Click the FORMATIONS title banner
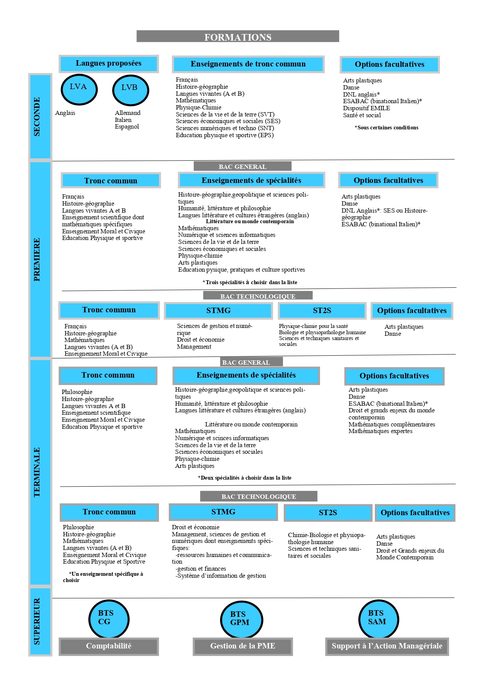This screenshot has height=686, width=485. click(x=238, y=37)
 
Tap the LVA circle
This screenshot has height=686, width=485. click(x=79, y=89)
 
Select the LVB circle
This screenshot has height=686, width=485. click(x=130, y=90)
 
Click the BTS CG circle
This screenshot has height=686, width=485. click(x=108, y=619)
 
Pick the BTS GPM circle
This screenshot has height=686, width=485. click(x=241, y=620)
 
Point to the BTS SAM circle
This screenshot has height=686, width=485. click(x=378, y=619)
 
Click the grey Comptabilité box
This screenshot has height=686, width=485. click(x=109, y=646)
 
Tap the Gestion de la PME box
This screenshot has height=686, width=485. click(x=243, y=646)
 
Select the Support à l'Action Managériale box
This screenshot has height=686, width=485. click(x=387, y=646)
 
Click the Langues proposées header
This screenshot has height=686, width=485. click(x=109, y=63)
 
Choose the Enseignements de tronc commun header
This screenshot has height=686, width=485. click(x=248, y=64)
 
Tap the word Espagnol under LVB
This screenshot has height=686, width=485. click(x=127, y=127)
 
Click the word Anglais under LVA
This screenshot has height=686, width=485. click(x=65, y=113)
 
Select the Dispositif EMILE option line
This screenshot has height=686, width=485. click(x=366, y=108)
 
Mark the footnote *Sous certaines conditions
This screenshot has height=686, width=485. click(x=387, y=127)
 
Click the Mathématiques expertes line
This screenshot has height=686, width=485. click(x=380, y=431)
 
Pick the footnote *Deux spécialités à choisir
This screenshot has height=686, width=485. click(x=245, y=478)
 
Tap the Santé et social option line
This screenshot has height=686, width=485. click(x=362, y=115)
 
